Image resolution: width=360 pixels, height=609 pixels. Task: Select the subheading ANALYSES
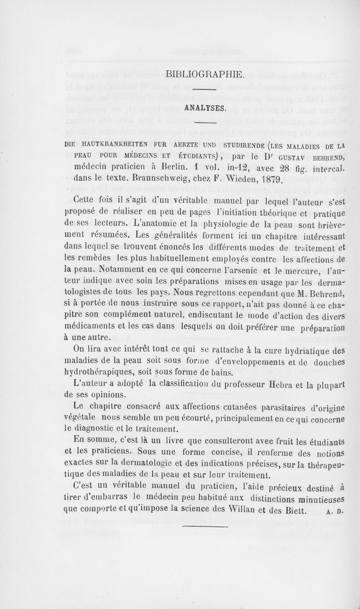(x=204, y=107)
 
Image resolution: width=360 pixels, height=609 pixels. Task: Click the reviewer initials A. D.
(x=336, y=511)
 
